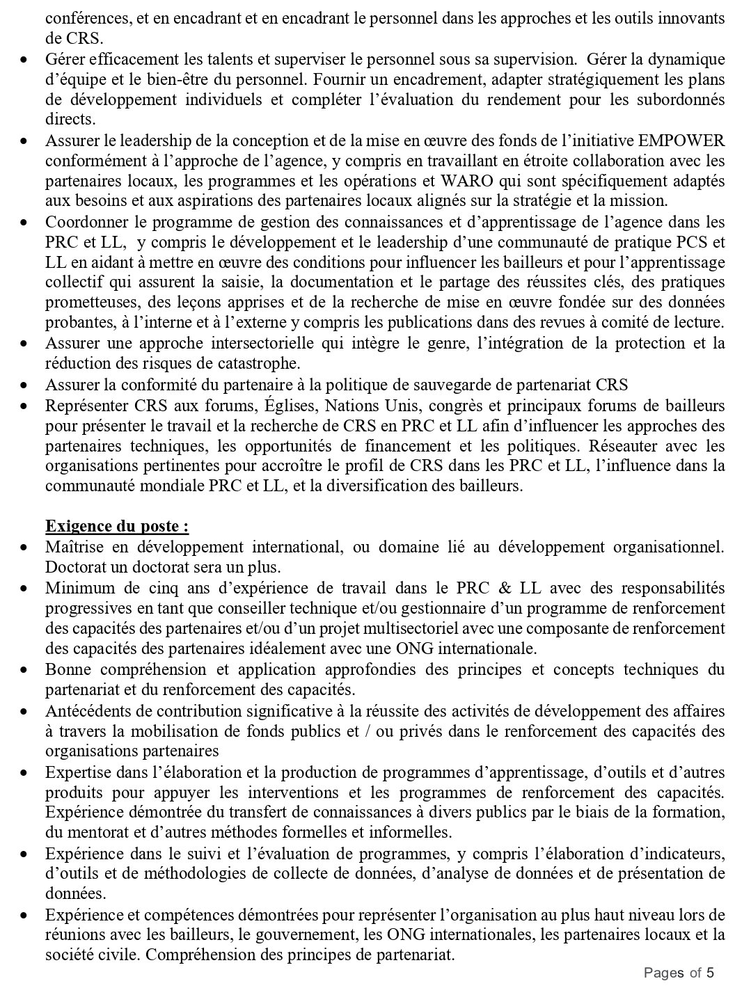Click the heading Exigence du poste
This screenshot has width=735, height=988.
coord(116,526)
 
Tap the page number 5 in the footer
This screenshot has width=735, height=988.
coord(710,972)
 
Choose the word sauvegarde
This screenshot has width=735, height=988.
coord(413,385)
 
